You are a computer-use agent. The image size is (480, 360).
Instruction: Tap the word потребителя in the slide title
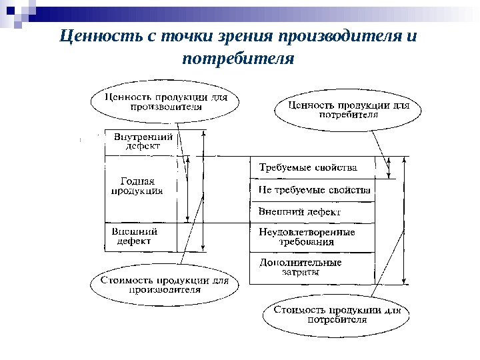tap(238, 58)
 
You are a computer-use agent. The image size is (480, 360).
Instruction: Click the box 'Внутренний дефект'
tap(143, 142)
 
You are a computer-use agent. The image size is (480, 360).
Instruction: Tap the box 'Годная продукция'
tap(137, 187)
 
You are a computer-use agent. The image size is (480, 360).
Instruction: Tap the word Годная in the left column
tap(137, 181)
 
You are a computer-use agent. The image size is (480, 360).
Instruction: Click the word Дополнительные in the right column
tap(300, 262)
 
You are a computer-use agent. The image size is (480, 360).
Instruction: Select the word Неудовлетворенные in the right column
tap(307, 232)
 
